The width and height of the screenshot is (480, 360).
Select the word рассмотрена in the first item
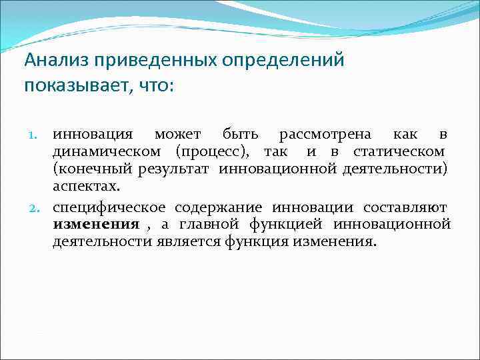tap(323, 135)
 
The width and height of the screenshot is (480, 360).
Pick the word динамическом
tap(108, 152)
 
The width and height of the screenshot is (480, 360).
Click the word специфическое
tap(109, 208)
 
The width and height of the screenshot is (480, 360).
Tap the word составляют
tap(405, 208)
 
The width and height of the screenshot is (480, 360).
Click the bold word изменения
tap(96, 225)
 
